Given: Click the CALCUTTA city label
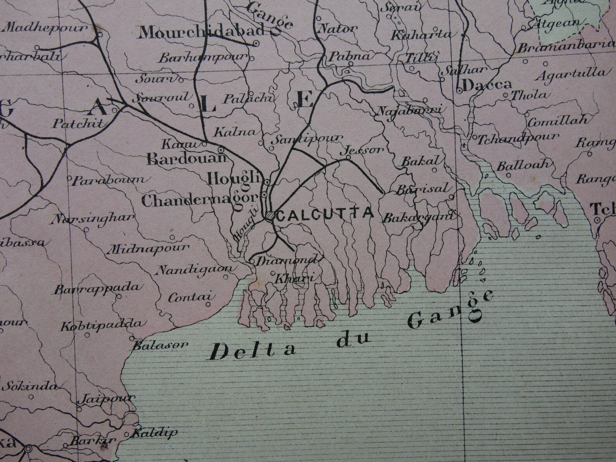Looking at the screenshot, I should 325,214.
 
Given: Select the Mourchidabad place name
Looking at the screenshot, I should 201,33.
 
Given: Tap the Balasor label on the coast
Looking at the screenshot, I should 160,345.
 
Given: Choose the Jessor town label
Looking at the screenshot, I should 363,150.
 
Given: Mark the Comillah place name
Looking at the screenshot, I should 558,121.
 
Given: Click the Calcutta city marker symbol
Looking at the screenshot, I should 269,216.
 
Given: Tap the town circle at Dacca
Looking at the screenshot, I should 459,90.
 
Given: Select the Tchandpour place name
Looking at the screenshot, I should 517,138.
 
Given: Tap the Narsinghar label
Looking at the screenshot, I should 92,218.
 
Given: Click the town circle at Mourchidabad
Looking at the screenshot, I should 256,44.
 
